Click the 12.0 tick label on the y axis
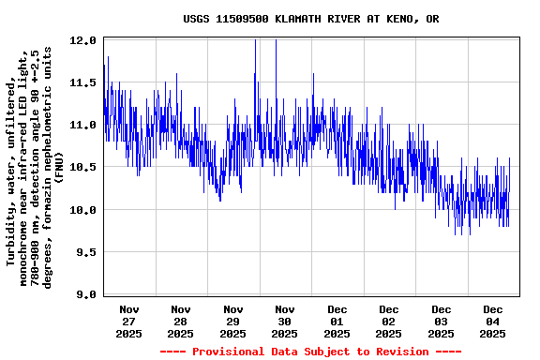83,40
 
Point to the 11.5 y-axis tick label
83,82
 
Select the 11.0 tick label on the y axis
83,125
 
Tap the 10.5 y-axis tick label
83,167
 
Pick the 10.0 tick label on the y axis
83,210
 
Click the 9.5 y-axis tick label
86,252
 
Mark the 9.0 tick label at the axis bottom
86,294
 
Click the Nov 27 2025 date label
129,321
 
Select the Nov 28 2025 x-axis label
181,321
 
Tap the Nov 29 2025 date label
232,321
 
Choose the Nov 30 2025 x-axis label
285,321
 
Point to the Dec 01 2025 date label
337,321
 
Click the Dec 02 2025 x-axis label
389,321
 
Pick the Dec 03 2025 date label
441,321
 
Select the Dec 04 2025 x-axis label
493,321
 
